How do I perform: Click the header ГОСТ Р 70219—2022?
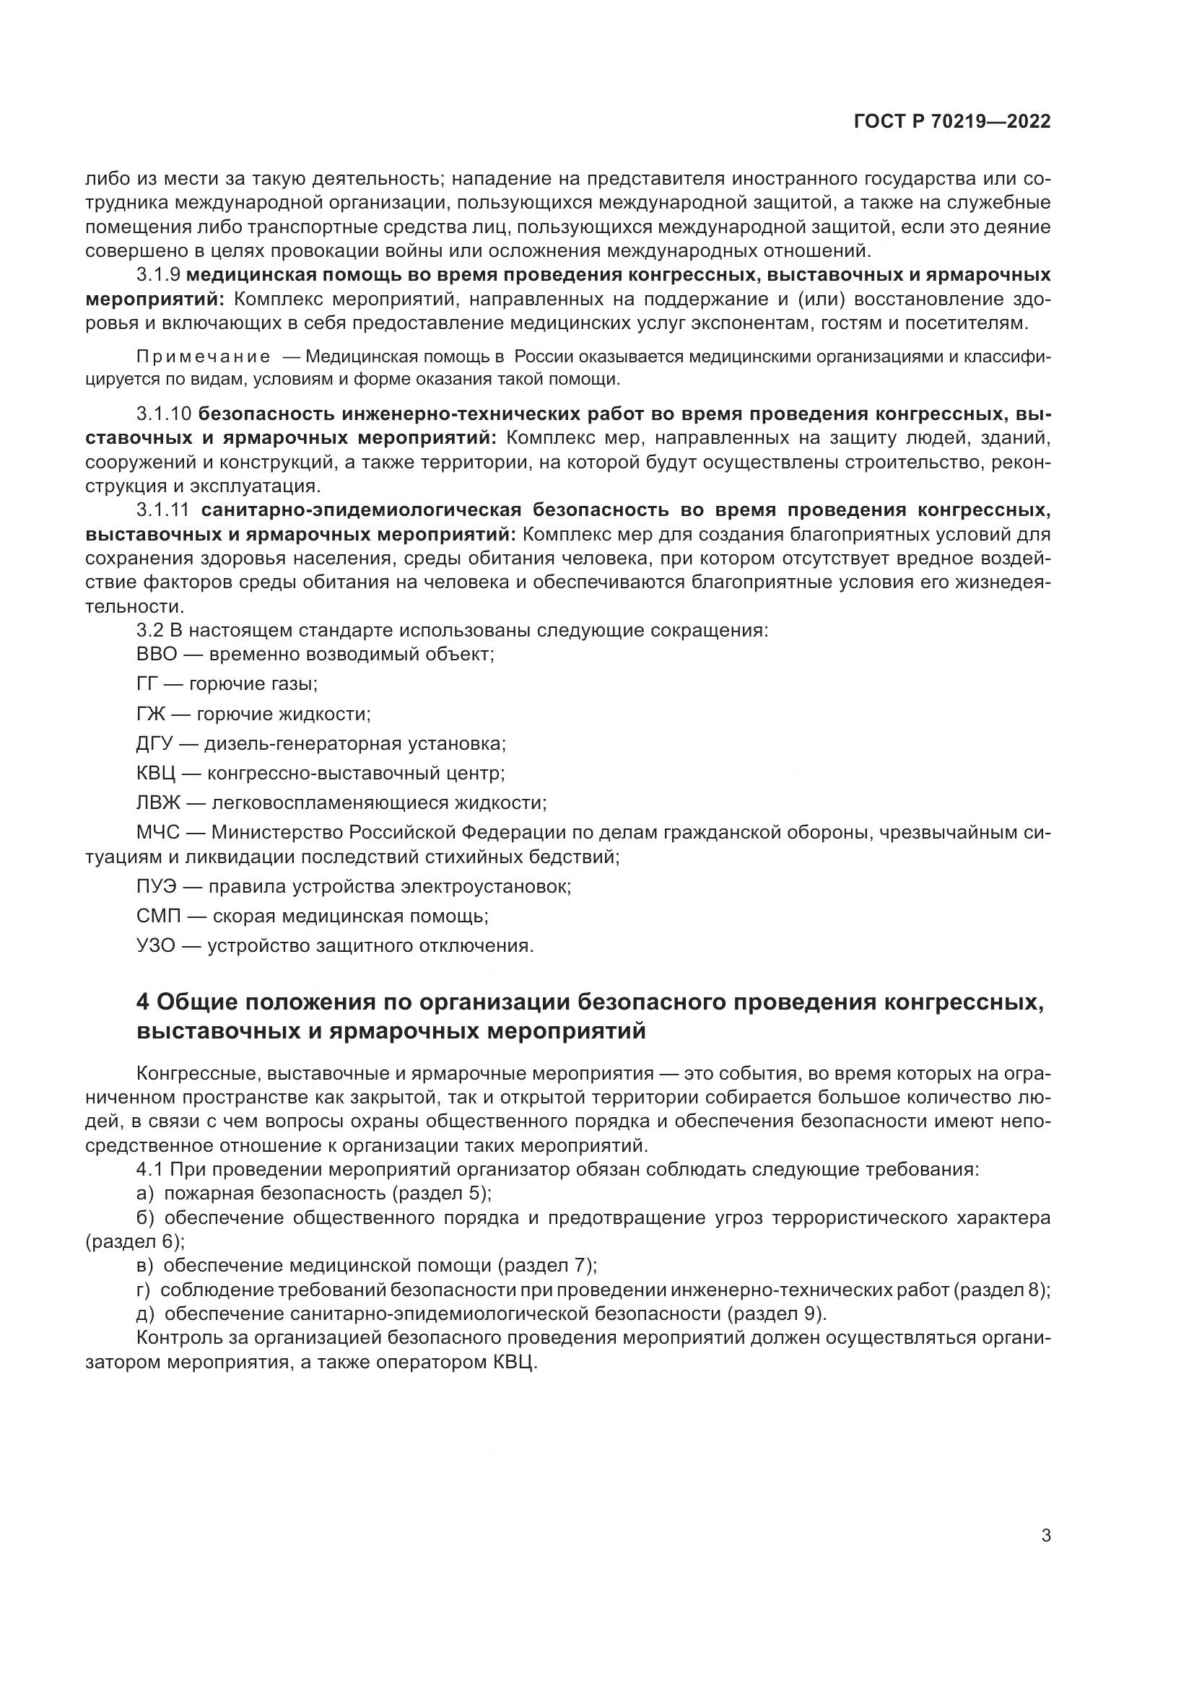(952, 122)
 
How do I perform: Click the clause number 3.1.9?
(158, 275)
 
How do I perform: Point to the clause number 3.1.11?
(162, 510)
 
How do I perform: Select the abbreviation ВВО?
(157, 654)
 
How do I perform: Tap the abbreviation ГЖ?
(151, 714)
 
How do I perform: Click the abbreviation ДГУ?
(154, 743)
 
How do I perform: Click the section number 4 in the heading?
(143, 1002)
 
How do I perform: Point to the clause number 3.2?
(150, 630)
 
